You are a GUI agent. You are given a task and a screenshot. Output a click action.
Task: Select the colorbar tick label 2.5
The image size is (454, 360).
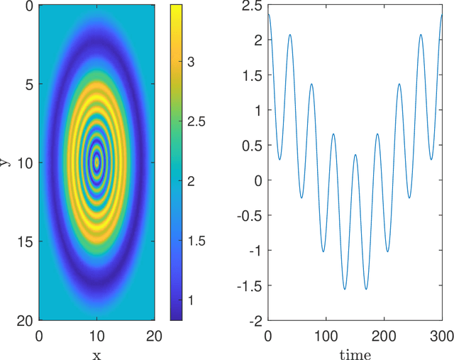196,121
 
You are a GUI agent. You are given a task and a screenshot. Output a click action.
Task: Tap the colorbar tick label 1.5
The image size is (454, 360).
196,241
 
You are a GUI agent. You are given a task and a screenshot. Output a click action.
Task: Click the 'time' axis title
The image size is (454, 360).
354,354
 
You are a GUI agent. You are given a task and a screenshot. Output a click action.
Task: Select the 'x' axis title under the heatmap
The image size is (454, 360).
96,353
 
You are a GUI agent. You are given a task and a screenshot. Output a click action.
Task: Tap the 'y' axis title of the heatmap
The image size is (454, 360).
6,163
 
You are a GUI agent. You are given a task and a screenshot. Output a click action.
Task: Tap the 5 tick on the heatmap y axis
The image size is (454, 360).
28,84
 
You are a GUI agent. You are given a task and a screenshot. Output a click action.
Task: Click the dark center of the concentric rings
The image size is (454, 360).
97,163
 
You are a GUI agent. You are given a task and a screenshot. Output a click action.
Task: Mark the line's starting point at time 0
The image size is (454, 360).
268,14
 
